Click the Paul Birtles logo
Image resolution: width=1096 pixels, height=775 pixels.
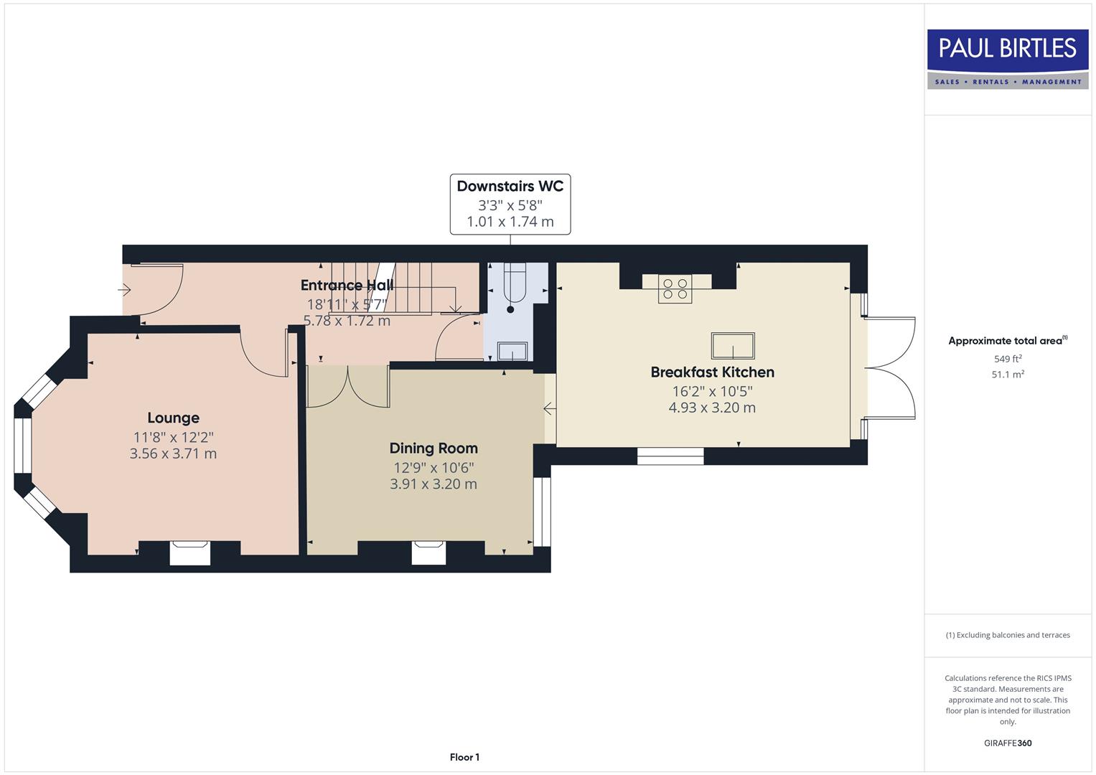(1007, 59)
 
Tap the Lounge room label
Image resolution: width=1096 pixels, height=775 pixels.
(173, 418)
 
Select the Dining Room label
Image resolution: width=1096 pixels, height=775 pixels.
(433, 448)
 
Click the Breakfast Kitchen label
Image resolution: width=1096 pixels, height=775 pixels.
(712, 372)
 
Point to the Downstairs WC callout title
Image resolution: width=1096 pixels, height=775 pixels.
(510, 187)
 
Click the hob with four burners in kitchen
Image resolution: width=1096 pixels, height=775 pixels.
(675, 288)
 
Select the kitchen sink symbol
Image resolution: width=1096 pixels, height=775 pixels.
(733, 346)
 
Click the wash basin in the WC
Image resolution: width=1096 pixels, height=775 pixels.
(512, 352)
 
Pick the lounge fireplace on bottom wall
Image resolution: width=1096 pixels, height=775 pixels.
(190, 553)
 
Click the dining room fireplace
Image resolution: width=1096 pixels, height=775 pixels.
(428, 553)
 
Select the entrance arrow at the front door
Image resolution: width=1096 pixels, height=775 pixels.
(125, 291)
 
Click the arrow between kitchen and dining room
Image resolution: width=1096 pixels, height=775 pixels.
(549, 409)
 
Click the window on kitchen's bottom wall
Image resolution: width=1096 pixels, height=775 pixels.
(670, 456)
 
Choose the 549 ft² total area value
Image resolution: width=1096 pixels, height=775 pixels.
(1007, 359)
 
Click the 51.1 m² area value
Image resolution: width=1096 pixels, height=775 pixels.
(1007, 375)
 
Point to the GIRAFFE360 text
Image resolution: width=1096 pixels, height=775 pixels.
(1007, 743)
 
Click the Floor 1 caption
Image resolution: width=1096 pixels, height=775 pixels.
(464, 757)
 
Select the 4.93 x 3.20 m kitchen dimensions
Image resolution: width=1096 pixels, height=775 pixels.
(712, 408)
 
